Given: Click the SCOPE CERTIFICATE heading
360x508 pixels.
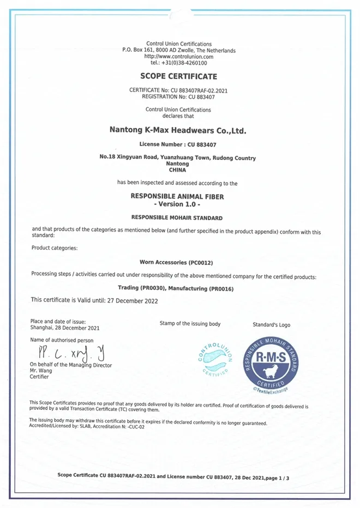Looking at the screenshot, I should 178,76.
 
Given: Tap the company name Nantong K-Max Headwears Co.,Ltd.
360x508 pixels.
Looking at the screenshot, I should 178,131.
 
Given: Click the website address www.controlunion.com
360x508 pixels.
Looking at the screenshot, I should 178,57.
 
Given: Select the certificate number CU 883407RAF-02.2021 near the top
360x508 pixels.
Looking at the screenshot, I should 197,90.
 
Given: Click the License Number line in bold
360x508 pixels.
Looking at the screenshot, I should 178,144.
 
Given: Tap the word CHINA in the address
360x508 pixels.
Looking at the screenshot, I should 178,170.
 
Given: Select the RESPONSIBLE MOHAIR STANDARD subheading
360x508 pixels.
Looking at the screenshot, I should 178,217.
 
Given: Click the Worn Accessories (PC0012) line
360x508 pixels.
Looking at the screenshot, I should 178,262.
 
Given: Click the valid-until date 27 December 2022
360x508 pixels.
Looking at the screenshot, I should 121,300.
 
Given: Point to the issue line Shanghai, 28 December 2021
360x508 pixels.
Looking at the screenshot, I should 65,328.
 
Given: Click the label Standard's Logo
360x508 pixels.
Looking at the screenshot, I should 271,325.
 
